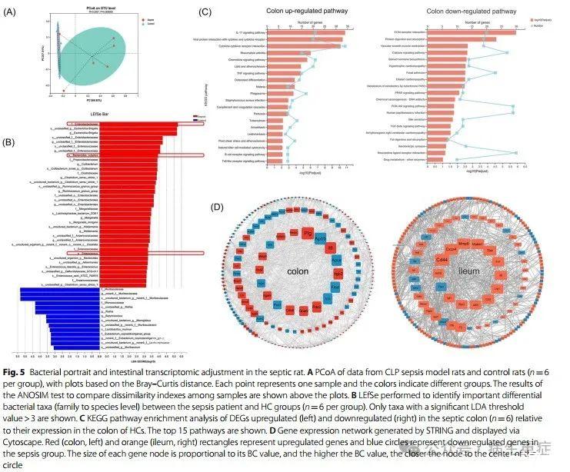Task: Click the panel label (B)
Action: coord(12,141)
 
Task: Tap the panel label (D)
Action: coord(219,207)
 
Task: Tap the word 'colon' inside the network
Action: coord(298,271)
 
